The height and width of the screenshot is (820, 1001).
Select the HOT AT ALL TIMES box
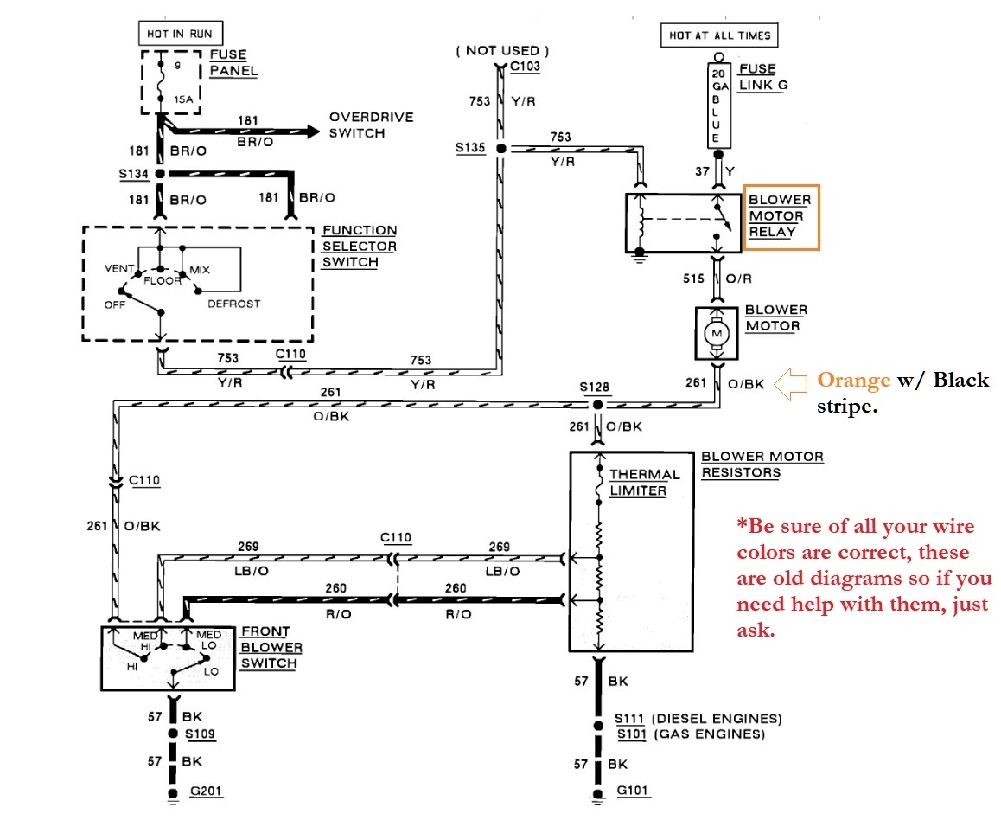tap(719, 35)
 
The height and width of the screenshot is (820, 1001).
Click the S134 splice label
tap(133, 173)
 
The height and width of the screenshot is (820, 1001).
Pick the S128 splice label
tap(596, 387)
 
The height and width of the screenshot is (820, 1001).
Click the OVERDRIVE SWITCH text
tap(371, 125)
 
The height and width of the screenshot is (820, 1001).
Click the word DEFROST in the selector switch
tap(233, 304)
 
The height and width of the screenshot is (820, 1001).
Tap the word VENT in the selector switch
tap(118, 269)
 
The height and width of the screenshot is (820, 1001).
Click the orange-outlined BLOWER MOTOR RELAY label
tap(781, 216)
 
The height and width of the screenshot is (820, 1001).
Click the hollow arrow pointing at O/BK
tap(791, 381)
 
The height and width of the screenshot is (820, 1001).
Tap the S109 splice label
tap(200, 734)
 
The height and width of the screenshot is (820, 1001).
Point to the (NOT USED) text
tap(502, 51)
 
